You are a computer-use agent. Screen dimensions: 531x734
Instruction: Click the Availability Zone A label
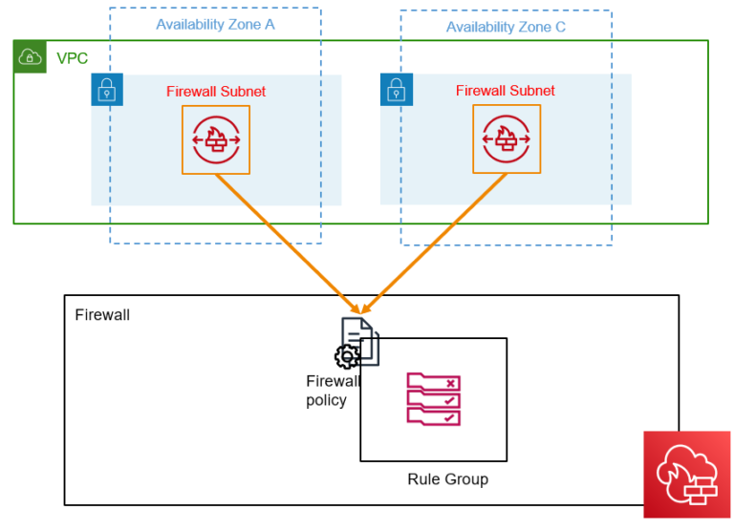click(215, 25)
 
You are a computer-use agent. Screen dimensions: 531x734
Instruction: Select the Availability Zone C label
click(506, 27)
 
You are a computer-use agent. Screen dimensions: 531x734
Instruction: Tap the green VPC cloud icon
click(30, 57)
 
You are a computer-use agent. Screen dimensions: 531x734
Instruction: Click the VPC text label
click(72, 59)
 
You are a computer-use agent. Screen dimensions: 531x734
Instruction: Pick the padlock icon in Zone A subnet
click(107, 90)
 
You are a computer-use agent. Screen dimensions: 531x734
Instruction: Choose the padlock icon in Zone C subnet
click(397, 90)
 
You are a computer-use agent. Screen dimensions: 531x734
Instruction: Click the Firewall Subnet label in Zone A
click(215, 92)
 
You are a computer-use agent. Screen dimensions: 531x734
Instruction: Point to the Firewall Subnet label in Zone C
click(505, 91)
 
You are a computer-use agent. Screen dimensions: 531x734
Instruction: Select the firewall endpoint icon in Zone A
click(216, 140)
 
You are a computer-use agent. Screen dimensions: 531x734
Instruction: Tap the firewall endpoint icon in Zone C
click(506, 139)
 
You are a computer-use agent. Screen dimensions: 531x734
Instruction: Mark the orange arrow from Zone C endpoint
click(435, 243)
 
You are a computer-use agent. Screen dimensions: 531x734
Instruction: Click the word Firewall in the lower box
click(102, 314)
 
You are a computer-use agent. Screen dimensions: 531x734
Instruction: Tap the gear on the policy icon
click(346, 357)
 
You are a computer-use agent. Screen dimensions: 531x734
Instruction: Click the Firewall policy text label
click(332, 391)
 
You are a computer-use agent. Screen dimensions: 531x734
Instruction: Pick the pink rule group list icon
click(433, 399)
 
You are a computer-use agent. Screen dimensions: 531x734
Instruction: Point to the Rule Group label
click(447, 479)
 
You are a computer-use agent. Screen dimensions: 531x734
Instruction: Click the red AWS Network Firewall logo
click(680, 475)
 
